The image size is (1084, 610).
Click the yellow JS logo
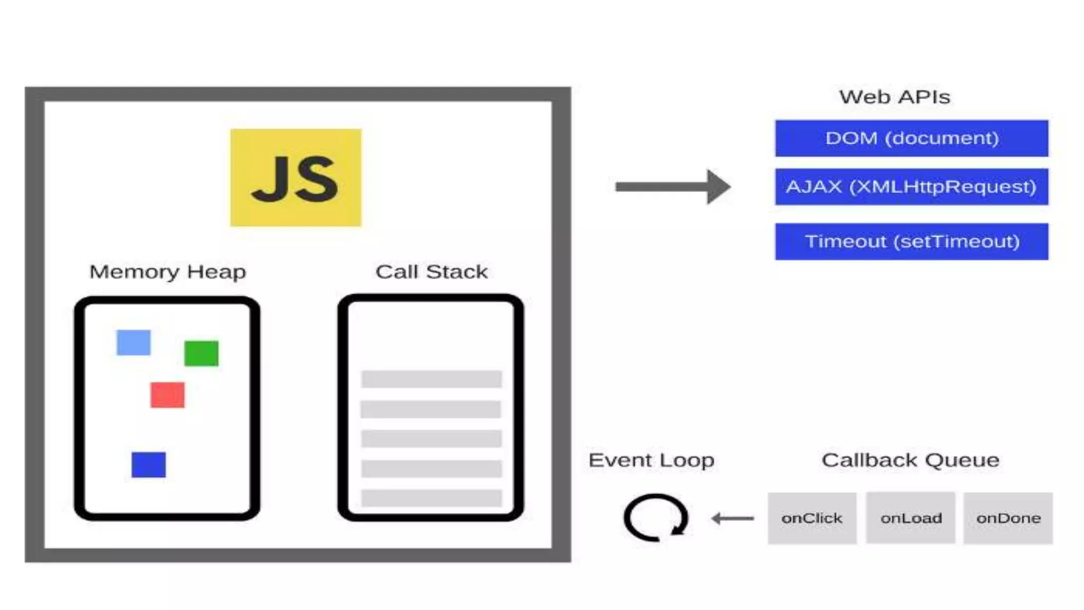295,177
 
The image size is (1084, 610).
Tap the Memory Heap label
167,272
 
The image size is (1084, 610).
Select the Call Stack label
431,272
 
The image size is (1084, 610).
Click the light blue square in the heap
133,343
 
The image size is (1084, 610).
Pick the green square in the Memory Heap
201,353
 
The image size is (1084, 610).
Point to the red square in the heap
167,394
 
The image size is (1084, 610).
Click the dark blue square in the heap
148,464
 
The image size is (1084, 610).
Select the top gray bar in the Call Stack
431,379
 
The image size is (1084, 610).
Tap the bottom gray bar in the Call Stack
431,498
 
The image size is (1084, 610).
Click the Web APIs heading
895,97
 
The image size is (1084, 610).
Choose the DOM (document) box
911,138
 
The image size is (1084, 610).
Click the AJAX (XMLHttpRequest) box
911,186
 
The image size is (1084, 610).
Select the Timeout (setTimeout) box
911,241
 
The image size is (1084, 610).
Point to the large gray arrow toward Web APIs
672,186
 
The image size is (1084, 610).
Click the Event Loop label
651,460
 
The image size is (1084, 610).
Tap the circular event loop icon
655,517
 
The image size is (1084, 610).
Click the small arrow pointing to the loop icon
733,518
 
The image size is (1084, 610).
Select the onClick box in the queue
812,518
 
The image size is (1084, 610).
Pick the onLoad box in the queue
910,518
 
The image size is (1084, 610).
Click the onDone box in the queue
1008,518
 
